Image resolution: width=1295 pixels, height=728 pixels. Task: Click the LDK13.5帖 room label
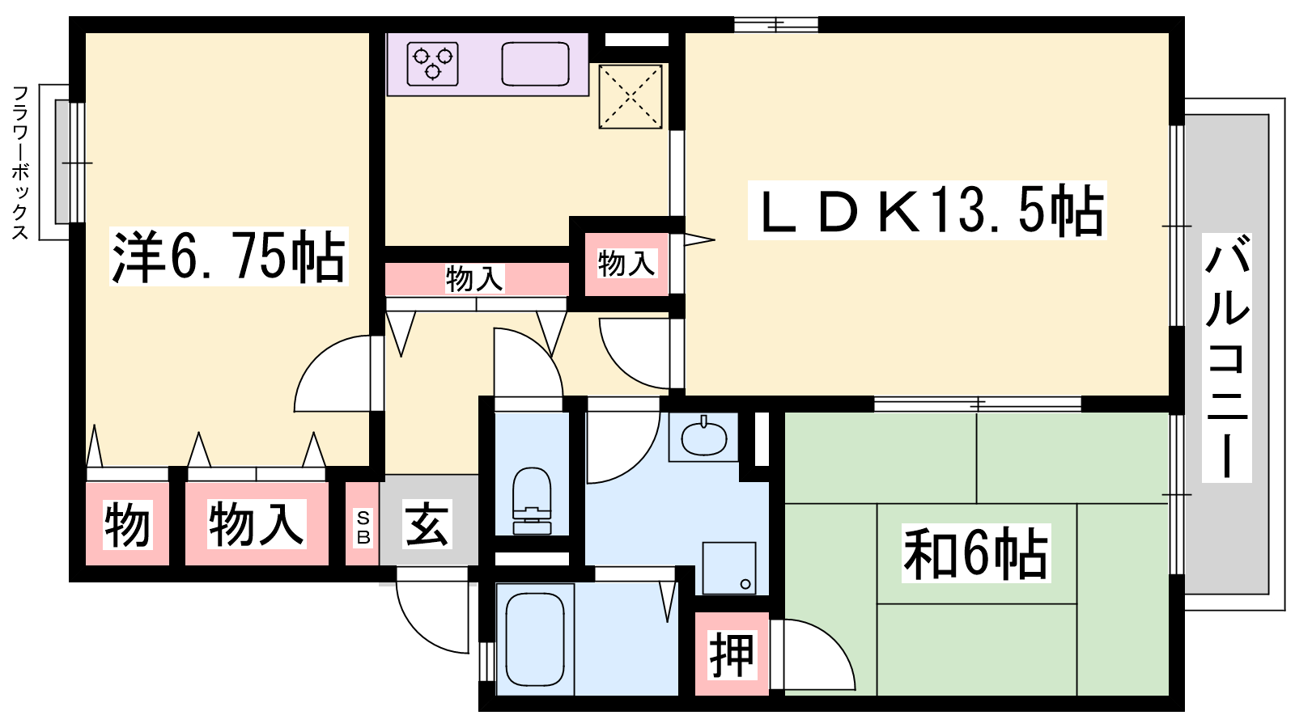[928, 210]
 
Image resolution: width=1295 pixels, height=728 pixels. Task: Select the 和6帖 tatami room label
[975, 554]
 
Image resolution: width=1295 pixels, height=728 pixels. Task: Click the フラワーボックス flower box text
[20, 163]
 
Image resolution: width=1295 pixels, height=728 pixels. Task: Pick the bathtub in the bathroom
[534, 639]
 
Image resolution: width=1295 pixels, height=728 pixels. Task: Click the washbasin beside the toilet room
[704, 438]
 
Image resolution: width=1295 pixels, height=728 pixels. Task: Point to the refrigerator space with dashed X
[631, 96]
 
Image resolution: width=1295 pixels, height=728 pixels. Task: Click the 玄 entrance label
[427, 524]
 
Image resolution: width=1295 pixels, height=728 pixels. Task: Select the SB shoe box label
[363, 527]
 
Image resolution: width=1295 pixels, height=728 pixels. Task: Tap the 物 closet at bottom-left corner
[128, 524]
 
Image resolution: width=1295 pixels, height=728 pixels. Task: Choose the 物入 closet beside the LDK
[626, 263]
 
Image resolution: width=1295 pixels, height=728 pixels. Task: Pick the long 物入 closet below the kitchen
[475, 279]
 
